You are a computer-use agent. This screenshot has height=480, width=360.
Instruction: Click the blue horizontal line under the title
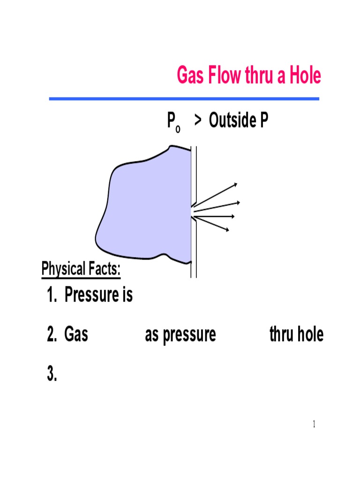[184, 99]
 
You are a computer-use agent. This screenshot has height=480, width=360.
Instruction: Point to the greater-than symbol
[199, 122]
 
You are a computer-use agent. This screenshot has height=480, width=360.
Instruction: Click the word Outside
[228, 121]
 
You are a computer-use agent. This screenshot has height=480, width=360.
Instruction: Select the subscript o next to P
[178, 128]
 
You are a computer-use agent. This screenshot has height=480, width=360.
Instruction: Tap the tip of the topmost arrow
[237, 184]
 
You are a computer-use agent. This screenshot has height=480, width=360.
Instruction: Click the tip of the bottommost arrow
[228, 230]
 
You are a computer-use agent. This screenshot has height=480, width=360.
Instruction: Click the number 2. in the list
[52, 335]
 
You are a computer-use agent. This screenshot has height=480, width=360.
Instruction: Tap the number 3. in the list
[52, 374]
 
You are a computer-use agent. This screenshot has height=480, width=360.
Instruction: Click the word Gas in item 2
[76, 335]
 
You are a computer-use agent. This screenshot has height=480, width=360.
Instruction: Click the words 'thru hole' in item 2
[296, 335]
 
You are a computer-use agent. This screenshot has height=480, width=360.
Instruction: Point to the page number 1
[314, 425]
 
